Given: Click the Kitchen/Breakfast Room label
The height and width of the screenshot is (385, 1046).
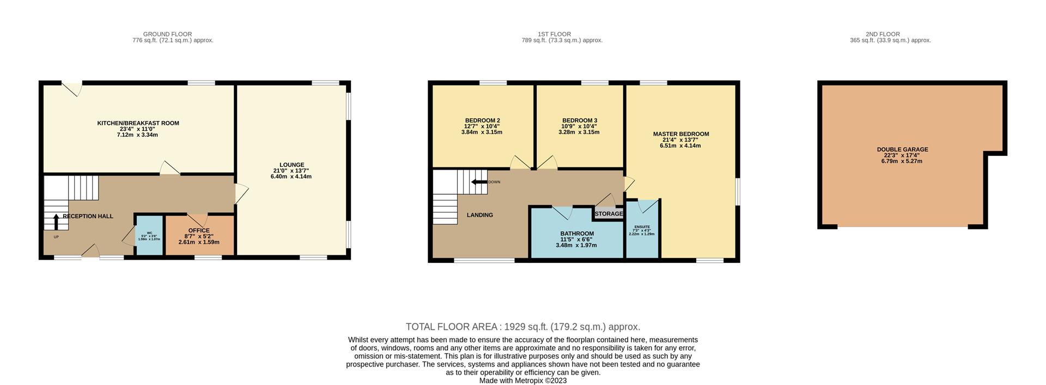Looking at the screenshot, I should pos(138,123).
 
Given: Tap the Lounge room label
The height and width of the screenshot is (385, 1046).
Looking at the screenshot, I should pos(291,165).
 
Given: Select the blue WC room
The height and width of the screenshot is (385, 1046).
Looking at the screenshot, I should pos(149,236).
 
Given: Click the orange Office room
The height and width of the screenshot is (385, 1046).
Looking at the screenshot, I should pos(199,236).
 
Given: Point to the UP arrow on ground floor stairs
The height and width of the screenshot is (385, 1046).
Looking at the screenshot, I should pos(56,222).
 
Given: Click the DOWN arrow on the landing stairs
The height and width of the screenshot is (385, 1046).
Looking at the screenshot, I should pos(479,182).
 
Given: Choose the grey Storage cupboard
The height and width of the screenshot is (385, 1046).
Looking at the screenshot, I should pos(609,214).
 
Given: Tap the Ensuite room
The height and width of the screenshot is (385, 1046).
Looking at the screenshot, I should pos(642,229).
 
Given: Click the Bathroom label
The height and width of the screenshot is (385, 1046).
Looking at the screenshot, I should pos(577,233).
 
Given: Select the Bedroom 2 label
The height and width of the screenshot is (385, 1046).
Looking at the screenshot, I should pos(482,121).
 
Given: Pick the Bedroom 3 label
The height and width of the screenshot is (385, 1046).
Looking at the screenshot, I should pos(580,121).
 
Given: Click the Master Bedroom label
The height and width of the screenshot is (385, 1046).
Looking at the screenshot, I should pos(681,134).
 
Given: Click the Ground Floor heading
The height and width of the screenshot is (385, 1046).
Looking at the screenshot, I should pos(167,34).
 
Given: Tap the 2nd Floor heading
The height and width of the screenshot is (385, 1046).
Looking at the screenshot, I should pos(883,34).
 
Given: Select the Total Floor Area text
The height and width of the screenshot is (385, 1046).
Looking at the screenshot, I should pos(522,327).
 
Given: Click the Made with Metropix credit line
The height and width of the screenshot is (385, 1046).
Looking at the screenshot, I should pos(522,381).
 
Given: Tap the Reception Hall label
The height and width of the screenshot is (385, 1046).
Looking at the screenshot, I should pos(88,216).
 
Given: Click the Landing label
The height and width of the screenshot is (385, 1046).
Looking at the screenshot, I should pos(479,215).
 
